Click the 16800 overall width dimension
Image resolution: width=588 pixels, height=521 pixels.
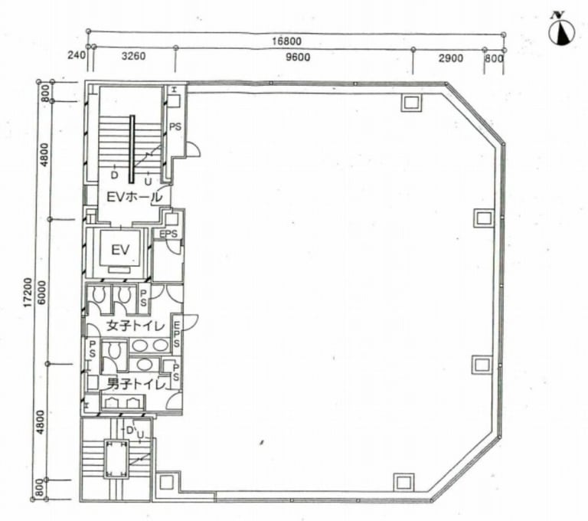286,41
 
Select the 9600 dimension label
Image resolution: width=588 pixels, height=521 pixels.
298,57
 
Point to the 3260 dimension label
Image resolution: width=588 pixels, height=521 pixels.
133,56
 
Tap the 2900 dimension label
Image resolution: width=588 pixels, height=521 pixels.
450,58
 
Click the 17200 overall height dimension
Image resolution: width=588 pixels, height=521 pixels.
27,293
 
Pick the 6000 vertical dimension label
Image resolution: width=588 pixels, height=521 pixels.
41,293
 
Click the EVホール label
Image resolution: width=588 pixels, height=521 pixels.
134,197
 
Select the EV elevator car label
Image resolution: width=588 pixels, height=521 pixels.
120,250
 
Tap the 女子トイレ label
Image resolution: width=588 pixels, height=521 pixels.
136,326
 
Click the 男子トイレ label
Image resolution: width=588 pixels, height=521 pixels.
136,384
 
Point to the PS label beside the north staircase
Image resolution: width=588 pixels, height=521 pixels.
175,127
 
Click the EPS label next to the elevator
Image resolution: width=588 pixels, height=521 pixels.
168,234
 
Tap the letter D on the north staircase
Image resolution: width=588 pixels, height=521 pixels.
114,175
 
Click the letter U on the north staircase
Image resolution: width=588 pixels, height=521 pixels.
148,182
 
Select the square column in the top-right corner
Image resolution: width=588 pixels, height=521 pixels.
412,102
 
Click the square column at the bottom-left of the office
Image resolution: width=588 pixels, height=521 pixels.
166,483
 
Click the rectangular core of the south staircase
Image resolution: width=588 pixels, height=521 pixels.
115,459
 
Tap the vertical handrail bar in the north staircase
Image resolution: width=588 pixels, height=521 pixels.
132,149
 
